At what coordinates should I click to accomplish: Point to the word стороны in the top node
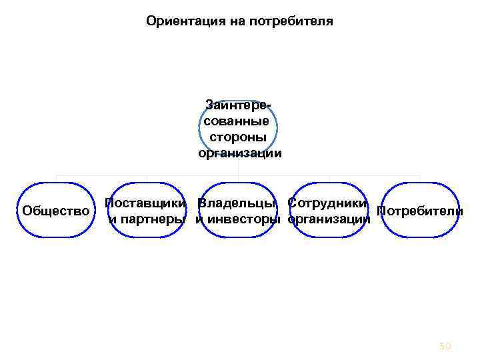[238, 137]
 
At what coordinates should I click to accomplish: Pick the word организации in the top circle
[239, 153]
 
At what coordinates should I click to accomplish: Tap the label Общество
[56, 211]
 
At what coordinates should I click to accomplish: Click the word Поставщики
[147, 203]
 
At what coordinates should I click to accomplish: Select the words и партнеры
[147, 219]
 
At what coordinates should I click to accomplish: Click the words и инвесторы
[238, 219]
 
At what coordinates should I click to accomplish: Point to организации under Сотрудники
[329, 219]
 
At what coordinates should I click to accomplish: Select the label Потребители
[420, 211]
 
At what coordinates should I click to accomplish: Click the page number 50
[445, 345]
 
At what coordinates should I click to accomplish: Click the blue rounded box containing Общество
[56, 227]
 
